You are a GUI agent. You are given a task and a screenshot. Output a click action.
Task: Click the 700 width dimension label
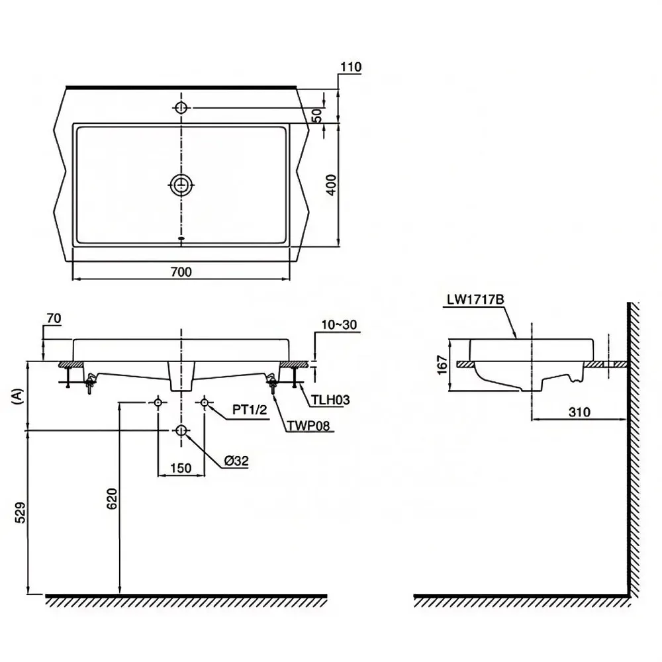point(181,272)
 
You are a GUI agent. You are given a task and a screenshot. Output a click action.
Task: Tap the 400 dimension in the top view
point(332,185)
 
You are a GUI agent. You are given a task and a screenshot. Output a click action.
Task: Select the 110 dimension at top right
point(351,67)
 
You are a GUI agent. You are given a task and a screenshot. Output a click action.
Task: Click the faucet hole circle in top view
point(181,108)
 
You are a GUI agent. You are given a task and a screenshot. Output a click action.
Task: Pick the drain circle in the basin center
point(181,185)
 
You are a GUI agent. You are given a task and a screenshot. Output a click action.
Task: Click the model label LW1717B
point(475,299)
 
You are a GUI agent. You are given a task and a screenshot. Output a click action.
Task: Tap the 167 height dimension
point(442,365)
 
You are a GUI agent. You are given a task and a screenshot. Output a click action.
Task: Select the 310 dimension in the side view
point(579,412)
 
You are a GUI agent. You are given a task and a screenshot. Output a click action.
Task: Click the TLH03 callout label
point(330,399)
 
